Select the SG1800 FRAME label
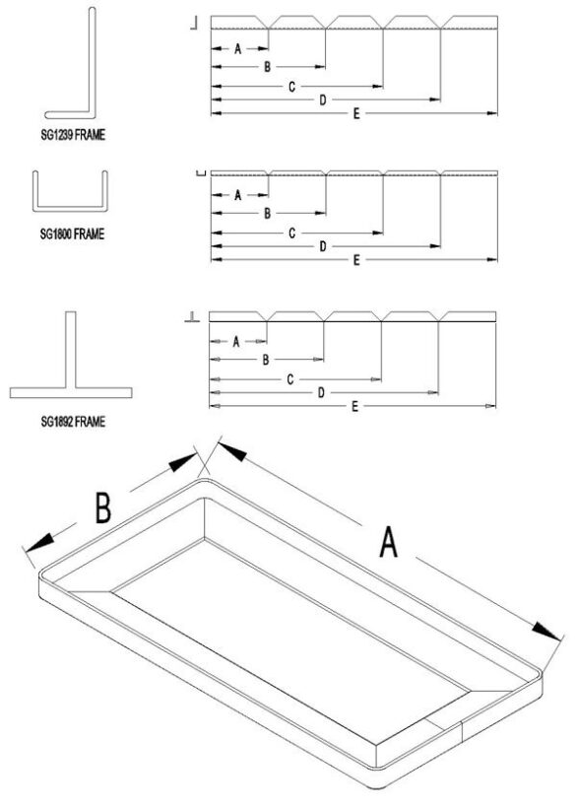[72, 235]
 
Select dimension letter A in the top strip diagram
[238, 49]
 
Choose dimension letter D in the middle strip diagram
[322, 246]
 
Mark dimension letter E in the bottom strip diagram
[353, 406]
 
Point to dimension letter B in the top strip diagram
[267, 66]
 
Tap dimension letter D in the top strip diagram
[323, 101]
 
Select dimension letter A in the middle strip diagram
[237, 195]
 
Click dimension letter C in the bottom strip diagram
[290, 378]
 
